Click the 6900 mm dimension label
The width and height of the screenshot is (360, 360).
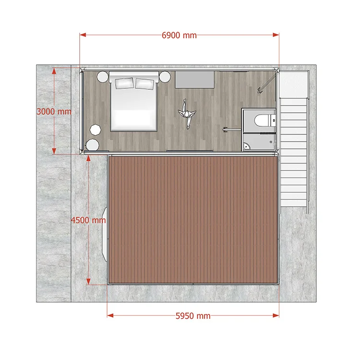point(179,36)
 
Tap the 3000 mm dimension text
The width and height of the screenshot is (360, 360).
point(54,111)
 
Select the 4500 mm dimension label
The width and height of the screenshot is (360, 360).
point(88,220)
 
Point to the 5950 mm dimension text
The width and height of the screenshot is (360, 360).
point(193,316)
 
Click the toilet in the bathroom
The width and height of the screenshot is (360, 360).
point(264,120)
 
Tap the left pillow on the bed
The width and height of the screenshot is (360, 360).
point(124,83)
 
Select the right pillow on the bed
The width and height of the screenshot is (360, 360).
point(144,84)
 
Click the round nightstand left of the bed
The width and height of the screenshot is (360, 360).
point(102,77)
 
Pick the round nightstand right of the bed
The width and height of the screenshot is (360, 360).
point(165,77)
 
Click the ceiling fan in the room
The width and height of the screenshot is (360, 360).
point(187,113)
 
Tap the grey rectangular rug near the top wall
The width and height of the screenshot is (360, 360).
point(195,79)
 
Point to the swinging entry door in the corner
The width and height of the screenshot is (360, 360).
point(266,84)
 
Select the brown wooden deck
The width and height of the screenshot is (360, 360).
point(193,220)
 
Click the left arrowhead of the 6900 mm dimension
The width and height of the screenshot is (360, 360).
point(83,35)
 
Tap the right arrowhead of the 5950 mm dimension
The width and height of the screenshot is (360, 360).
point(276,315)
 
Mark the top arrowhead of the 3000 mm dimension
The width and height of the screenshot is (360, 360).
point(54,71)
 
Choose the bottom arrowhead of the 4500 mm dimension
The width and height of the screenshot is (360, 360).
point(88,281)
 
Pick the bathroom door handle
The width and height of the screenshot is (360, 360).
point(225,130)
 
